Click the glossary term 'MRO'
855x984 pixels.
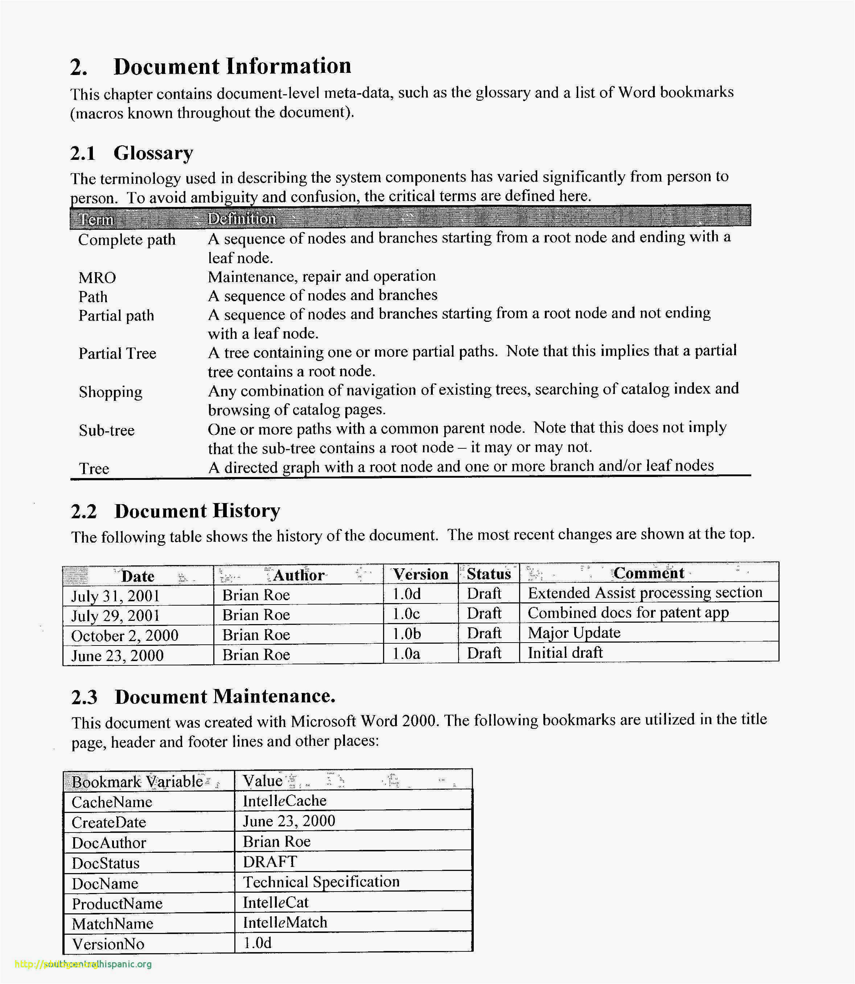(97, 278)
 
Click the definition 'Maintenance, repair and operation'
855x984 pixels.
(322, 277)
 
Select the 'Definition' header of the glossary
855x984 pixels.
(242, 219)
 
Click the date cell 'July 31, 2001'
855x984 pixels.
(115, 596)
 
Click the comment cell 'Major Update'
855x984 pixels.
(574, 633)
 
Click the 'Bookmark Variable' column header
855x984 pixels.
(137, 782)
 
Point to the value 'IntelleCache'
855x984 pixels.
(284, 801)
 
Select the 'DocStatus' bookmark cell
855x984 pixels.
(106, 863)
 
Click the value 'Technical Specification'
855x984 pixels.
(321, 882)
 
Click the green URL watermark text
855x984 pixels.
(83, 964)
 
